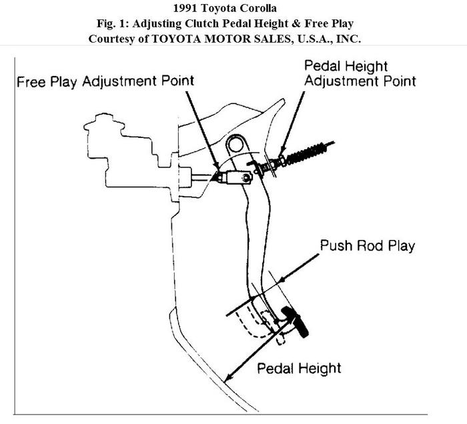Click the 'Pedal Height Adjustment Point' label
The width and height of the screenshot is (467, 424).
tap(360, 73)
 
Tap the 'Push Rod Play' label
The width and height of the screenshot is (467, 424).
tap(367, 246)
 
